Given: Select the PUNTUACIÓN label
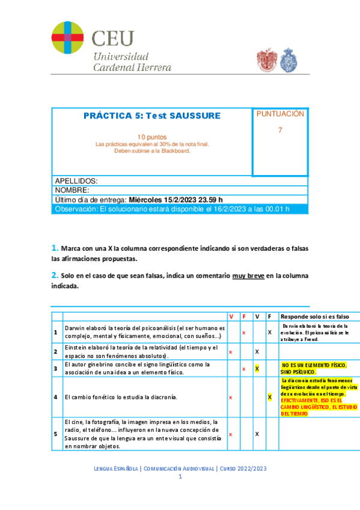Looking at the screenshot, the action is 280,114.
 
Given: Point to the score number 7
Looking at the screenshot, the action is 279,131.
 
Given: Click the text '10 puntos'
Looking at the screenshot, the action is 151,137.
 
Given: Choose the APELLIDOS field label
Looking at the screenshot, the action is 76,181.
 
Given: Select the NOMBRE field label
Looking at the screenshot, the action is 72,190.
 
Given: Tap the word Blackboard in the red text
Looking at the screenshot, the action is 172,151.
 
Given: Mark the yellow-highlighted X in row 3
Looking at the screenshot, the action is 257,368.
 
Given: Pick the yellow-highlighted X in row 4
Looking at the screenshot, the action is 270,398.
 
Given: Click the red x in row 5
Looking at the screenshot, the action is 231,434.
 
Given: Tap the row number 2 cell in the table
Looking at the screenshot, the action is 56,352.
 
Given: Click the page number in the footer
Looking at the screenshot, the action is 180,476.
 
